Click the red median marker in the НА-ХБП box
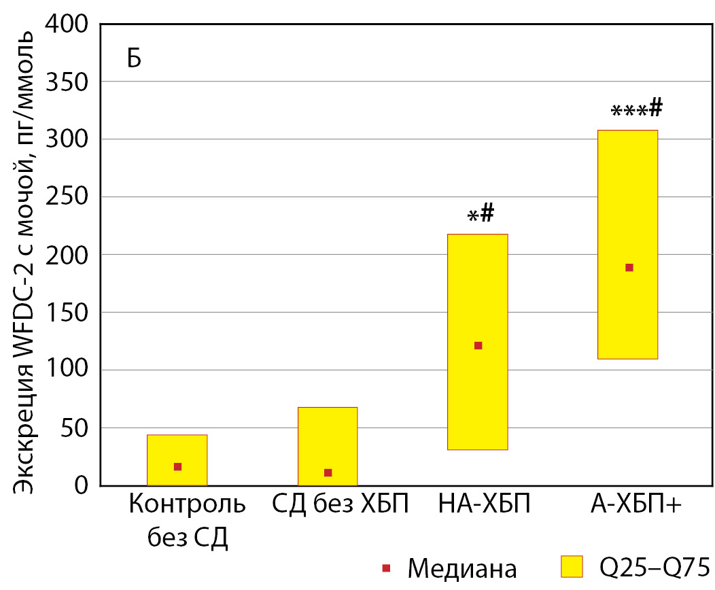click(x=478, y=346)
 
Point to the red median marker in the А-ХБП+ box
click(x=629, y=268)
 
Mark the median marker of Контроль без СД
click(x=177, y=467)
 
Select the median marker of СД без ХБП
click(x=328, y=473)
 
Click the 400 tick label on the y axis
click(x=66, y=24)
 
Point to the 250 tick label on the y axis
click(x=66, y=197)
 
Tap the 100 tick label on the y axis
click(x=66, y=370)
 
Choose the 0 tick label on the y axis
click(x=82, y=485)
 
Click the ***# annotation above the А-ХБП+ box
click(x=636, y=109)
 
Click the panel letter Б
click(x=133, y=59)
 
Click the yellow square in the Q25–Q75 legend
click(x=572, y=566)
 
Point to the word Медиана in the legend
click(x=462, y=568)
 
